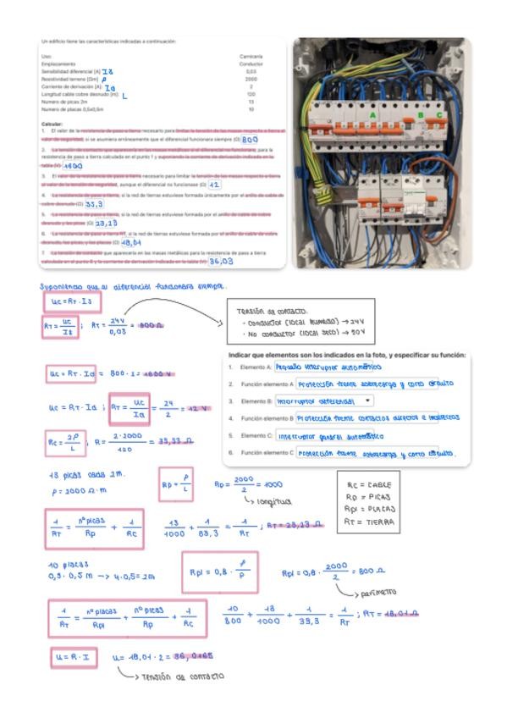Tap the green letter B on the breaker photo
(421, 115)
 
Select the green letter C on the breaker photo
(439, 115)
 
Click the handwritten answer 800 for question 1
(250, 140)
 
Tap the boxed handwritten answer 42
(214, 185)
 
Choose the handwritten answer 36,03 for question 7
(222, 262)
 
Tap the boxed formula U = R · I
(73, 656)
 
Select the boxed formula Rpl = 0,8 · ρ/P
(219, 572)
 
